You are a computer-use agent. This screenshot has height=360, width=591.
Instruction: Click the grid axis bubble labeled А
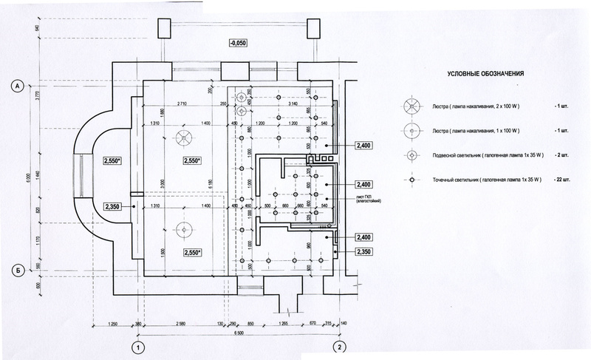click(16, 86)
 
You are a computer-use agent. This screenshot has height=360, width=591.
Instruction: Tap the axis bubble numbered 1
click(136, 346)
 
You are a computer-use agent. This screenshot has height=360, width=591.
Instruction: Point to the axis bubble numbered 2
click(338, 346)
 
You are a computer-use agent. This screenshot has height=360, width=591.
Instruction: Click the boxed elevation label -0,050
click(237, 44)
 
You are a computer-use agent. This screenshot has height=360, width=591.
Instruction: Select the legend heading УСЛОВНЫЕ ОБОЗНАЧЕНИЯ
click(486, 74)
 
